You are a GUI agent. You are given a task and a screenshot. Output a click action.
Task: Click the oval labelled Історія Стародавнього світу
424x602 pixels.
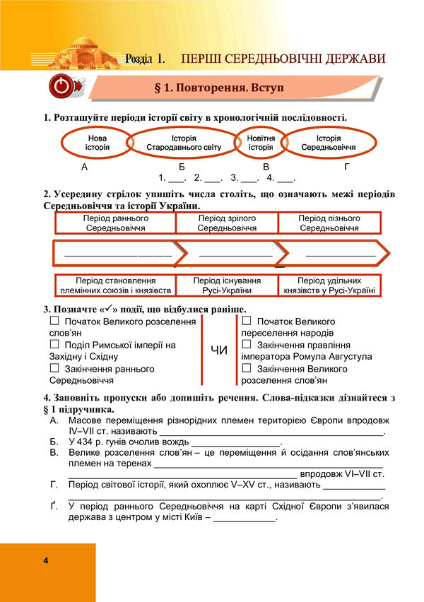pyautogui.click(x=183, y=143)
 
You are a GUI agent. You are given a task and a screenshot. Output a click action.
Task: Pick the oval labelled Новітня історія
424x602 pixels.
pyautogui.click(x=260, y=143)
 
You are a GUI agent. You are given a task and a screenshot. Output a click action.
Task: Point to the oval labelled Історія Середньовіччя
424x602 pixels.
pyautogui.click(x=328, y=143)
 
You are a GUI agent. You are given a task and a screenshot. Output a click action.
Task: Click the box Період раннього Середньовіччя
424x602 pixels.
pyautogui.click(x=115, y=223)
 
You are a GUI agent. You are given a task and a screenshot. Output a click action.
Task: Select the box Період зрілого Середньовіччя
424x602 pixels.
pyautogui.click(x=226, y=223)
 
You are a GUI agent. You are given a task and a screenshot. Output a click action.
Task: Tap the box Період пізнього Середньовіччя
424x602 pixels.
pyautogui.click(x=329, y=223)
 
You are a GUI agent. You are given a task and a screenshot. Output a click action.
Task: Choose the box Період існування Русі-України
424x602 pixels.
pyautogui.click(x=226, y=285)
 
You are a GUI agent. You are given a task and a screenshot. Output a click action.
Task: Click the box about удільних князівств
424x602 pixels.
pyautogui.click(x=329, y=285)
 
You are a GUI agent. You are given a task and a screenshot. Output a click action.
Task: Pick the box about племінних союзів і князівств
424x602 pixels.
pyautogui.click(x=115, y=285)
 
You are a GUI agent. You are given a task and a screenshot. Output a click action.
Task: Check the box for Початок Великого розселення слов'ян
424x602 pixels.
pyautogui.click(x=54, y=321)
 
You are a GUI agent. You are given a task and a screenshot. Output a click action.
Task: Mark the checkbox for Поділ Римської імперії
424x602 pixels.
pyautogui.click(x=54, y=345)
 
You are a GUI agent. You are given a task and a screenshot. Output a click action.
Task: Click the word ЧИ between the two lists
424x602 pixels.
pyautogui.click(x=219, y=350)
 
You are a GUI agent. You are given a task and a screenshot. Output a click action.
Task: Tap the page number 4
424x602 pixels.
pyautogui.click(x=45, y=561)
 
